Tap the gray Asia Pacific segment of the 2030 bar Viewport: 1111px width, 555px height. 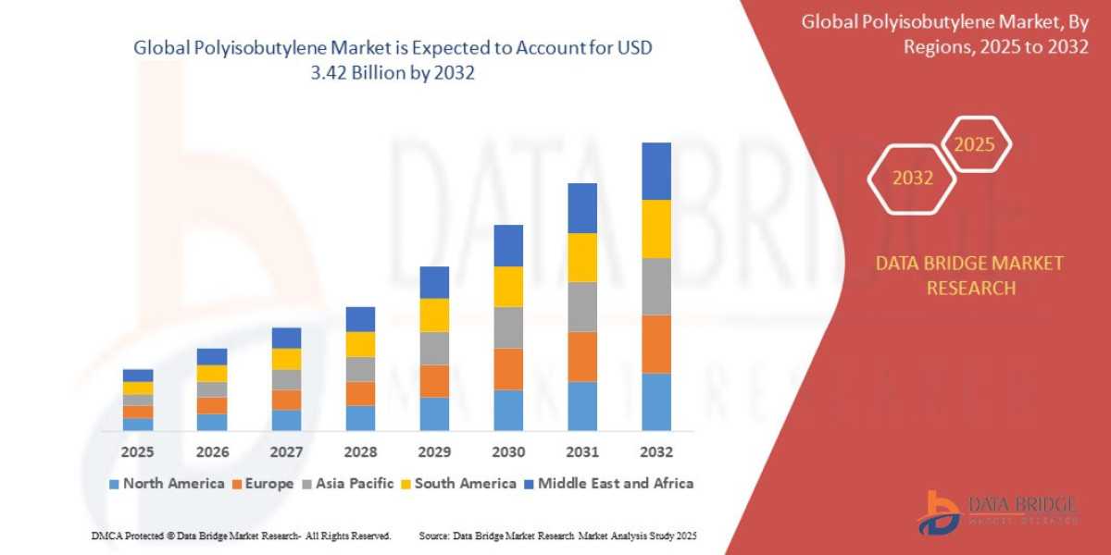point(508,327)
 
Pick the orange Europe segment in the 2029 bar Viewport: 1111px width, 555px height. point(434,381)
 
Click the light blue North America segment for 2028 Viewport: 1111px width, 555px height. point(360,418)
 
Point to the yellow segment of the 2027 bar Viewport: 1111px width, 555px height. point(286,359)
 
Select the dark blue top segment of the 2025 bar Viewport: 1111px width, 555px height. point(138,376)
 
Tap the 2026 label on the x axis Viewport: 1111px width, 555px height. point(212,452)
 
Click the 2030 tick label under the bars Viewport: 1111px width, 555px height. point(508,452)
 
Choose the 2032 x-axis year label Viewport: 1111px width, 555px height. point(655,452)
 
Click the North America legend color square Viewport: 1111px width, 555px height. point(114,484)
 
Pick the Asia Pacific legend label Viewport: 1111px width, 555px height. point(355,484)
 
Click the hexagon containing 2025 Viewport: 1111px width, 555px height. point(974,144)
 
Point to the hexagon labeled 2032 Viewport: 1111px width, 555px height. point(912,178)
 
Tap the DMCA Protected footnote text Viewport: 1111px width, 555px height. point(241,536)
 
